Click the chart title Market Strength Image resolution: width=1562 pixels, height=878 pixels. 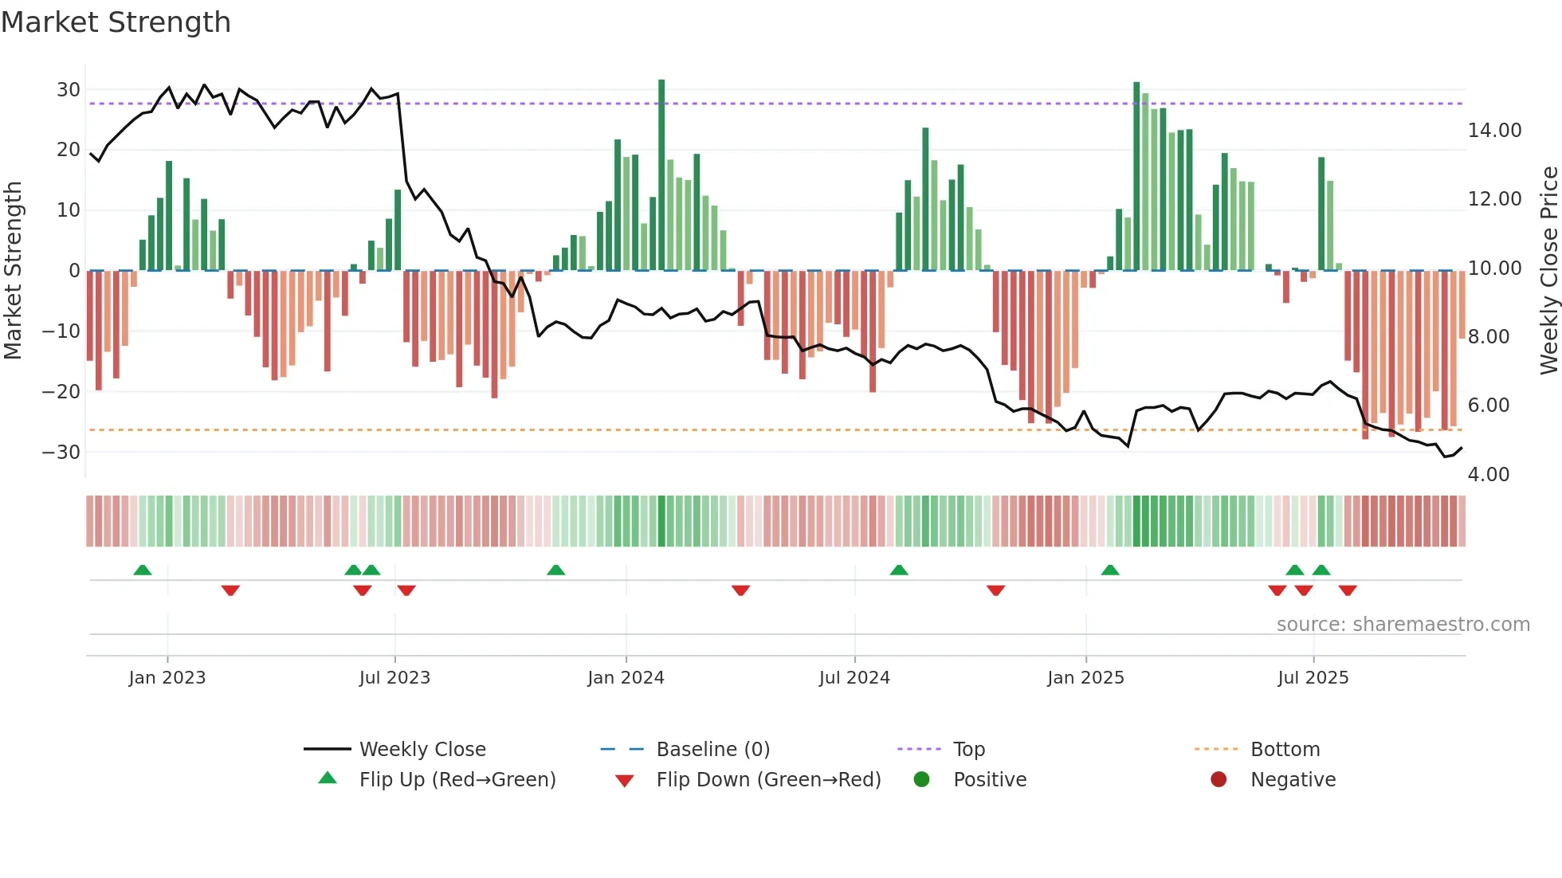[116, 22]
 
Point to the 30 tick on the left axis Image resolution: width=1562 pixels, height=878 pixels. [69, 90]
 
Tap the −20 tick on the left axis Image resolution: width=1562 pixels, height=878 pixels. [61, 391]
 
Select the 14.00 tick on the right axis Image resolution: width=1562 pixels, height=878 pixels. [1494, 131]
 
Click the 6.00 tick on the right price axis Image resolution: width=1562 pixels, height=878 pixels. [1488, 406]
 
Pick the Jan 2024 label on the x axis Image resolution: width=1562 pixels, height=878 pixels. [626, 678]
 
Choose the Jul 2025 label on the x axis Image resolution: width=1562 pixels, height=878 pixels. [1313, 678]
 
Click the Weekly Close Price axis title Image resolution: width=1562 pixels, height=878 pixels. [1548, 271]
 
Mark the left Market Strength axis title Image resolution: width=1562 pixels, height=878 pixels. [13, 271]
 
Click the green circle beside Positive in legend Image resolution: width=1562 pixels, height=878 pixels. [921, 780]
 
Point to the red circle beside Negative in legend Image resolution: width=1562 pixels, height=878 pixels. [1219, 780]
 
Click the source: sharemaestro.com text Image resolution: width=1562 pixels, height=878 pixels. [1403, 625]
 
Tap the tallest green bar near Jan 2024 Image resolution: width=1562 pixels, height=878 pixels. [661, 175]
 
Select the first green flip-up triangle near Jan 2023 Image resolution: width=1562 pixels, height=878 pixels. [143, 570]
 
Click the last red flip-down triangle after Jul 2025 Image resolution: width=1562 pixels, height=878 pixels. [1348, 590]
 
